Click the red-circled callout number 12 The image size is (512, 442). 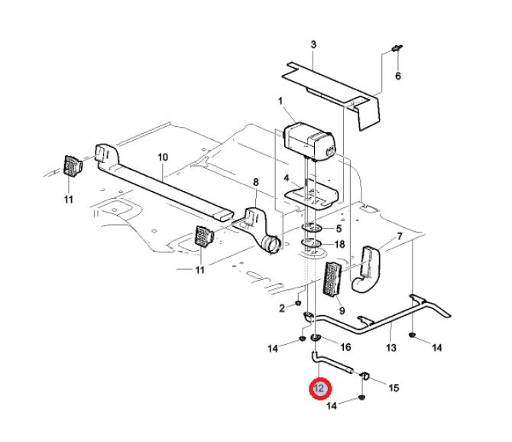click(x=319, y=389)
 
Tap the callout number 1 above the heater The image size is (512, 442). click(x=280, y=101)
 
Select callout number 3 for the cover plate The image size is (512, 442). click(x=313, y=45)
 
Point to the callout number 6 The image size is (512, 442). click(x=397, y=76)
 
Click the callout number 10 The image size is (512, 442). click(x=163, y=157)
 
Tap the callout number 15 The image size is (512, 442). click(x=394, y=388)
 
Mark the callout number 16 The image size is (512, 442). click(x=345, y=346)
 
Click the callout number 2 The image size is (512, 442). click(x=281, y=308)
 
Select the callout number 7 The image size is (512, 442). click(x=399, y=237)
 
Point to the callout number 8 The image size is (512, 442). click(x=256, y=181)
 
